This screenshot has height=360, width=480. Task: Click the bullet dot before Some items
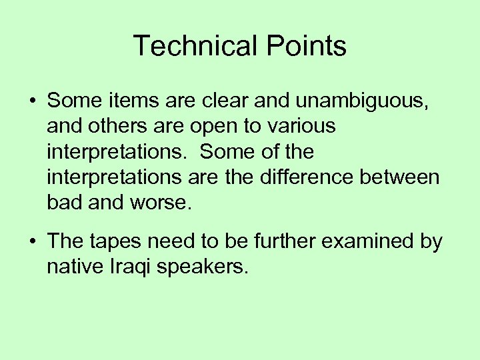[32, 101]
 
